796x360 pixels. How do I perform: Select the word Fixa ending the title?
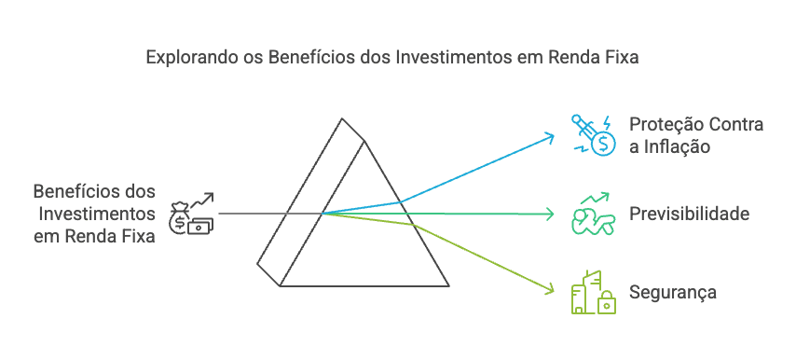click(619, 57)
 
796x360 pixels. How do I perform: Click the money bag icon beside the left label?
click(191, 214)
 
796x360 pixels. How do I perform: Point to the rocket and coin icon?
click(593, 133)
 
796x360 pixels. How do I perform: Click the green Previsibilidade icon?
click(593, 215)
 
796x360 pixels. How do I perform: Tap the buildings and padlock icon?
click(593, 291)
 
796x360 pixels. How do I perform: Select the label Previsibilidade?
click(689, 215)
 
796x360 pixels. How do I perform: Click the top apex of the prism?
click(343, 119)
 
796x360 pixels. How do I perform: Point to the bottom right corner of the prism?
click(449, 285)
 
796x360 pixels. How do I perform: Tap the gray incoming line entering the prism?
click(252, 214)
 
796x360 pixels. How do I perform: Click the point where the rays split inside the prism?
click(323, 214)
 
